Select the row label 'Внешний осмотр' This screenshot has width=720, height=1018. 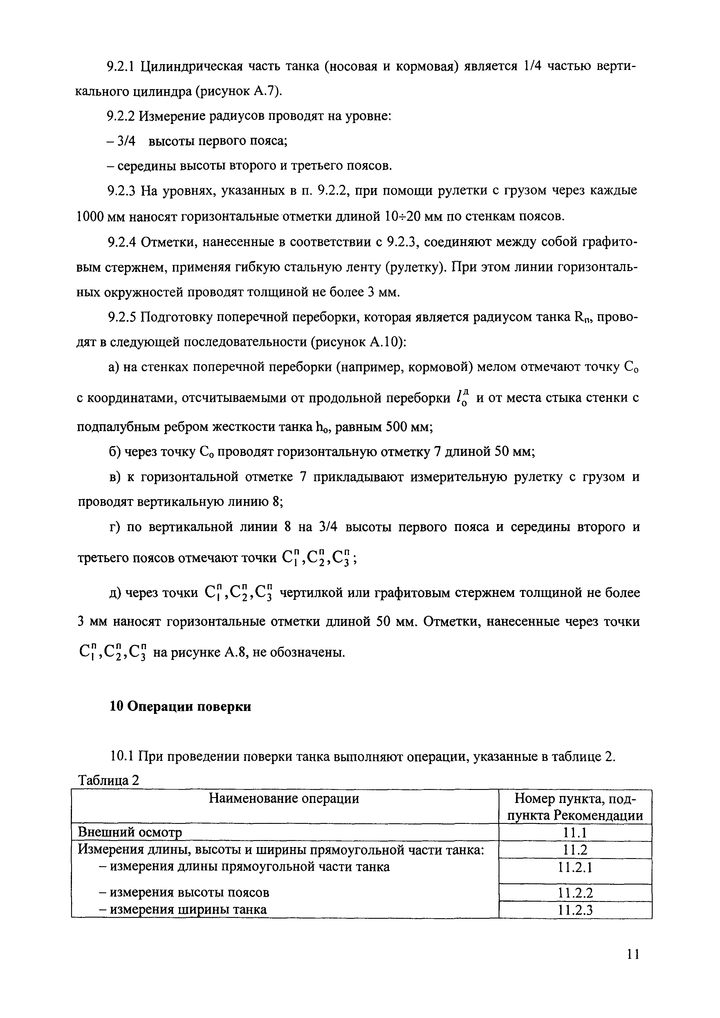130,832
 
